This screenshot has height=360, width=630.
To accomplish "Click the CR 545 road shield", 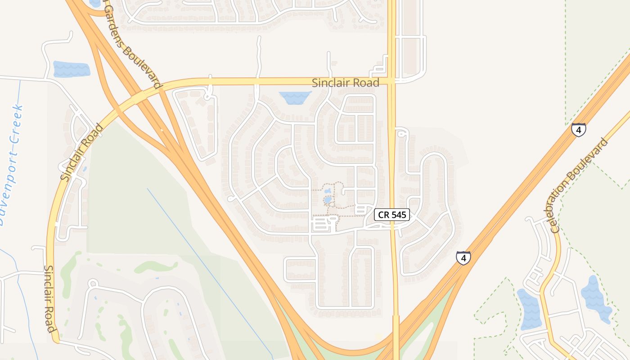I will [x=392, y=215].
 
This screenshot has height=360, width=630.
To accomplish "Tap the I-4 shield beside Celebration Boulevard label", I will [x=579, y=130].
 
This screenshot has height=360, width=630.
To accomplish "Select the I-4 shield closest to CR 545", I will [x=463, y=258].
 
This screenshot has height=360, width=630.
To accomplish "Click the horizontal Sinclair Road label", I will [x=346, y=83].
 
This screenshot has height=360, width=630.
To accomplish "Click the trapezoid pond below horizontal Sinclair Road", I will [x=295, y=98].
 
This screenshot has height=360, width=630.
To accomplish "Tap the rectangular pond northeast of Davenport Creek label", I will [x=72, y=69].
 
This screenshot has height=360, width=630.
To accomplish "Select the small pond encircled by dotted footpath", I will [x=328, y=199].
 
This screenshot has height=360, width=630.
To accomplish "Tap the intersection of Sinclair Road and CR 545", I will [x=392, y=82].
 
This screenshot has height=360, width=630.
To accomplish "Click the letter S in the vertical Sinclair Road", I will [x=47, y=270].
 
